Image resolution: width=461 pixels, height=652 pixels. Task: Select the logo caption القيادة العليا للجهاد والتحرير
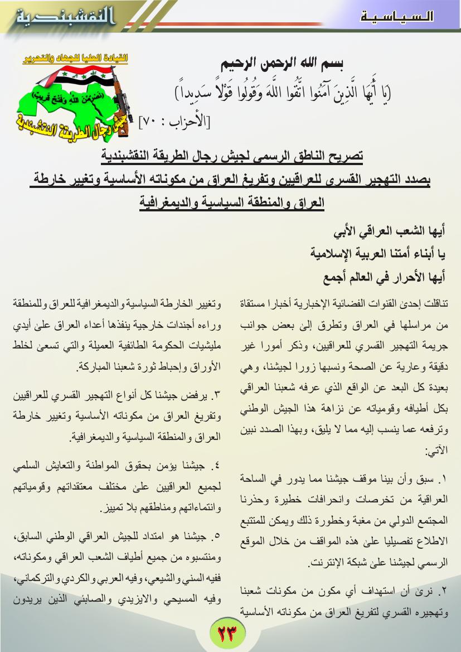pyautogui.click(x=75, y=58)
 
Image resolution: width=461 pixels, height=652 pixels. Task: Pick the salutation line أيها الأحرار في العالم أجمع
pyautogui.click(x=385, y=277)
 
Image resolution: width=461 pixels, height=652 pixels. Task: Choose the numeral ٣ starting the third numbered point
pyautogui.click(x=217, y=397)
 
